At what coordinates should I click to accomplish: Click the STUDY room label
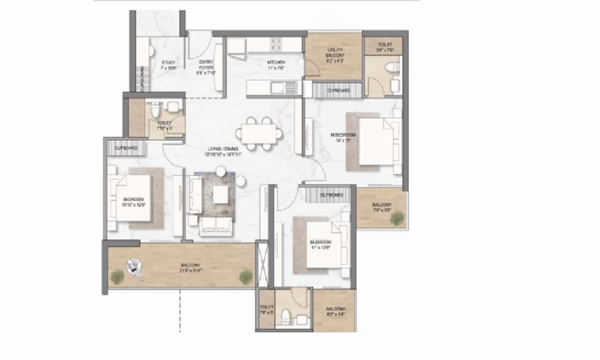(x=167, y=65)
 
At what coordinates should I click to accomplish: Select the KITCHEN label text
(x=276, y=65)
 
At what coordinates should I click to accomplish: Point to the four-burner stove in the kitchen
(x=276, y=44)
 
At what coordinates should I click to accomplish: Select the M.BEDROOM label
(x=344, y=138)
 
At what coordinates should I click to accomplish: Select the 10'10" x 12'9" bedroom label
(x=133, y=202)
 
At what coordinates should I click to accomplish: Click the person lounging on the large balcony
(x=135, y=269)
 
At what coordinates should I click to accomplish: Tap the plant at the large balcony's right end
(x=246, y=276)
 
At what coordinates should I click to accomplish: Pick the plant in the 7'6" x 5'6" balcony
(x=397, y=219)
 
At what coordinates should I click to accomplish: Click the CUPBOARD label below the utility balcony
(x=339, y=91)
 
